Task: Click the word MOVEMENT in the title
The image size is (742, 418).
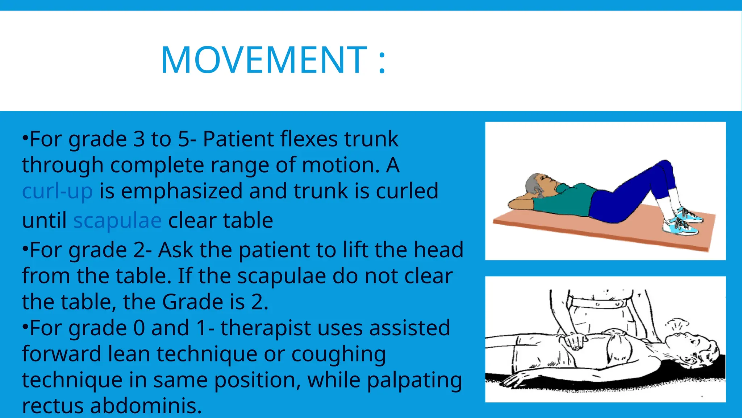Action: [x=264, y=60]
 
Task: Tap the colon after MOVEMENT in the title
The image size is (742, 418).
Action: [x=382, y=62]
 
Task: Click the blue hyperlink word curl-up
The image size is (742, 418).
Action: [x=57, y=191]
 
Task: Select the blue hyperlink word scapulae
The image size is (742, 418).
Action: [x=117, y=221]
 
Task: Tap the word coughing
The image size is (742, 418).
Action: [x=338, y=355]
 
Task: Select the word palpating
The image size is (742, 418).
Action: [x=414, y=381]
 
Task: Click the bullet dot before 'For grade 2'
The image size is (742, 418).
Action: [x=25, y=249]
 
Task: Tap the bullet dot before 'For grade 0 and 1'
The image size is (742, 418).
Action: [x=25, y=327]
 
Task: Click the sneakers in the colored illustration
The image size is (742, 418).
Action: [x=683, y=221]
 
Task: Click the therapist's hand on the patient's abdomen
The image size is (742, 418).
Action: [x=575, y=341]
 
